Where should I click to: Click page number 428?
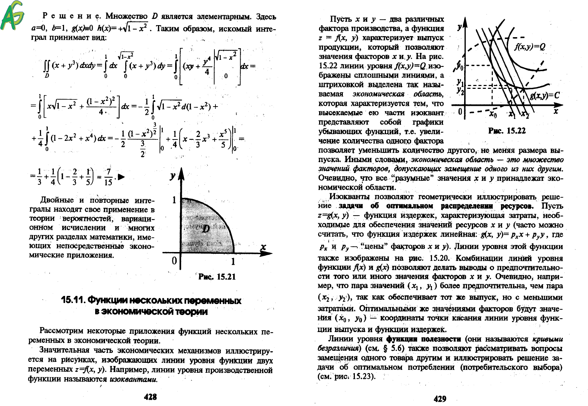pos(150,397)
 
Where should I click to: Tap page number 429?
pos(440,399)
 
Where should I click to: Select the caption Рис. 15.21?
pos(217,277)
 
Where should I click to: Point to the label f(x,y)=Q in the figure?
pos(529,47)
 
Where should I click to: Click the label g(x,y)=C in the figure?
pos(545,96)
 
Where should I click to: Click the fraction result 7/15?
pos(108,177)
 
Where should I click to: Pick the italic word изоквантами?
pos(133,379)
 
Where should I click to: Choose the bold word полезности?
pos(443,339)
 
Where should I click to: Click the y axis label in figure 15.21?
pos(173,176)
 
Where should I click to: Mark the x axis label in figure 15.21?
pos(263,247)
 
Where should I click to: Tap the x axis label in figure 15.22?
pos(556,111)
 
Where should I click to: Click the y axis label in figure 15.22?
pos(459,27)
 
